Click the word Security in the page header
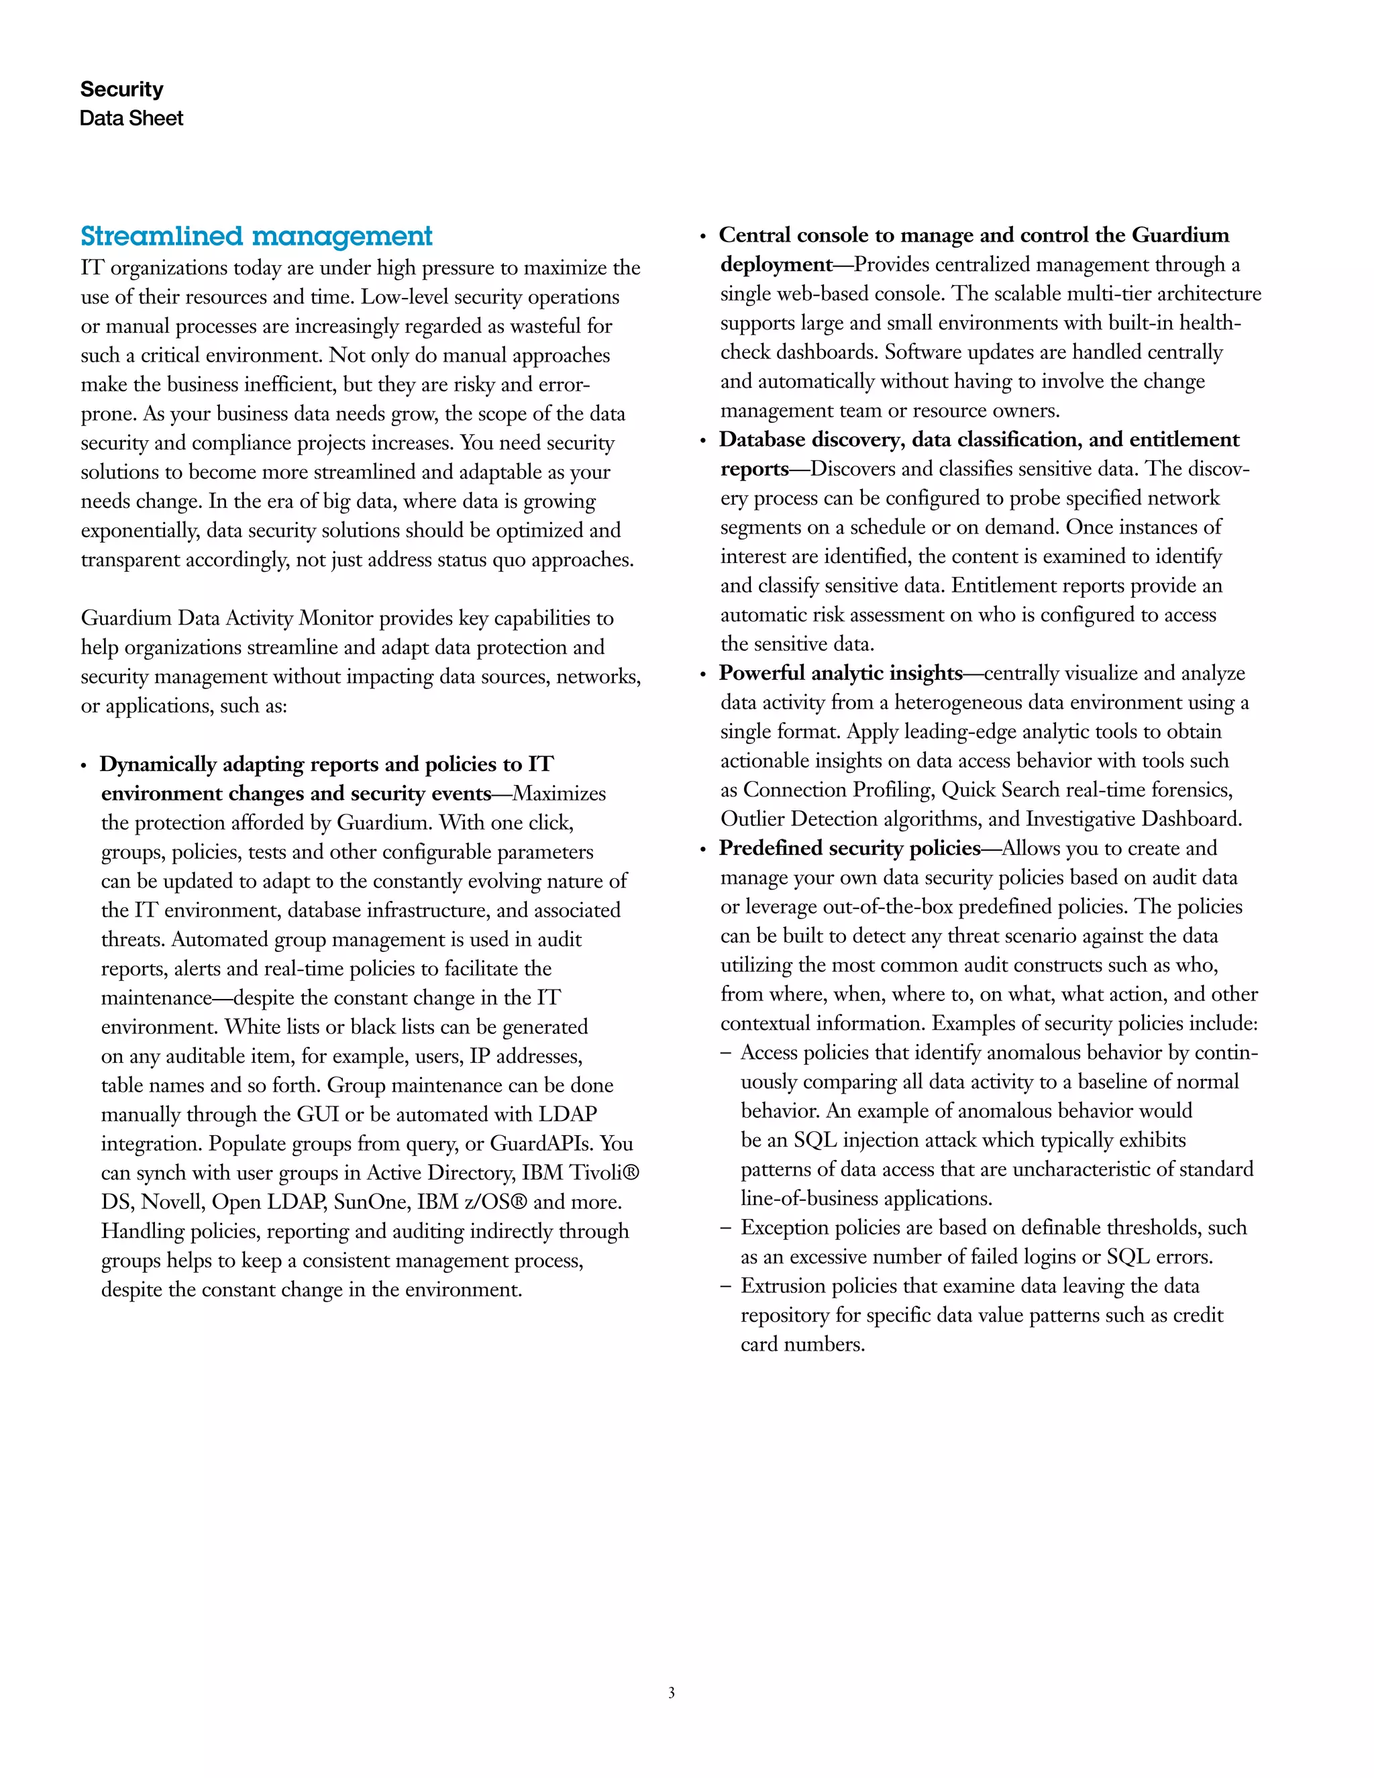pyautogui.click(x=121, y=89)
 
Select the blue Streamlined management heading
pyautogui.click(x=256, y=236)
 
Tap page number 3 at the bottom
pyautogui.click(x=672, y=1693)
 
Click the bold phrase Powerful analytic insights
pyautogui.click(x=841, y=673)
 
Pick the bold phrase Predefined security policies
pyautogui.click(x=849, y=848)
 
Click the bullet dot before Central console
pyautogui.click(x=703, y=237)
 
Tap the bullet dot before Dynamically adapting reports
pyautogui.click(x=84, y=766)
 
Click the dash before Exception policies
pyautogui.click(x=725, y=1228)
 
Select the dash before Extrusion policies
pyautogui.click(x=725, y=1287)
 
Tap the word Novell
pyautogui.click(x=172, y=1202)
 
